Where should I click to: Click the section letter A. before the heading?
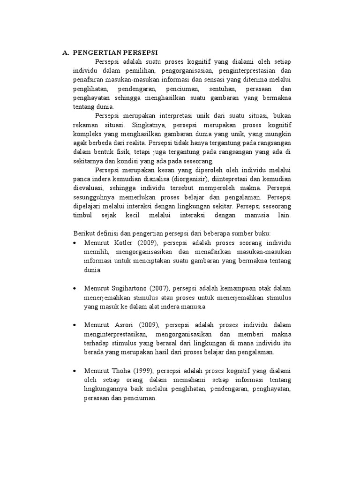66,52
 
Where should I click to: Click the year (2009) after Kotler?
146,243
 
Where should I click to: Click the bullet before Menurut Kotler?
75,243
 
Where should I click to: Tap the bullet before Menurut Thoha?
75,370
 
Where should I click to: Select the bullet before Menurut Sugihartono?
75,288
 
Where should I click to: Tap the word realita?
133,143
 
